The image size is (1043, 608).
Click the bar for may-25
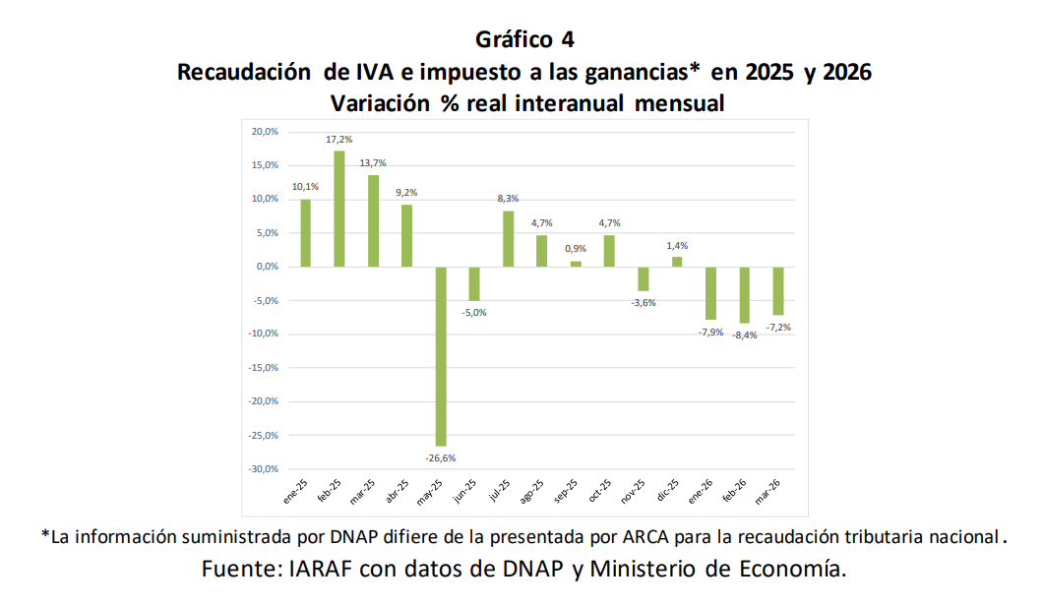[x=440, y=356]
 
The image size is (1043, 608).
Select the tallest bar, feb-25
[x=338, y=209]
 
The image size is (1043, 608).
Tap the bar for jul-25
[x=508, y=239]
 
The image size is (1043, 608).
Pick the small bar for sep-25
[x=576, y=264]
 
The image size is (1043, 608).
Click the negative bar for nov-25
[x=643, y=278]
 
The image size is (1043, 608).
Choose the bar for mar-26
[x=777, y=291]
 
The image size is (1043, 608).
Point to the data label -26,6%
[x=440, y=458]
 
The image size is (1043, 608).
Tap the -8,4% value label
[x=744, y=334]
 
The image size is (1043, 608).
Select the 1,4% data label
[x=677, y=245]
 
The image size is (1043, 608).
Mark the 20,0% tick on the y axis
[x=265, y=132]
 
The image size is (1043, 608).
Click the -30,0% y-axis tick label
[x=263, y=469]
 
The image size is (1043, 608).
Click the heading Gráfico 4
[x=524, y=39]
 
